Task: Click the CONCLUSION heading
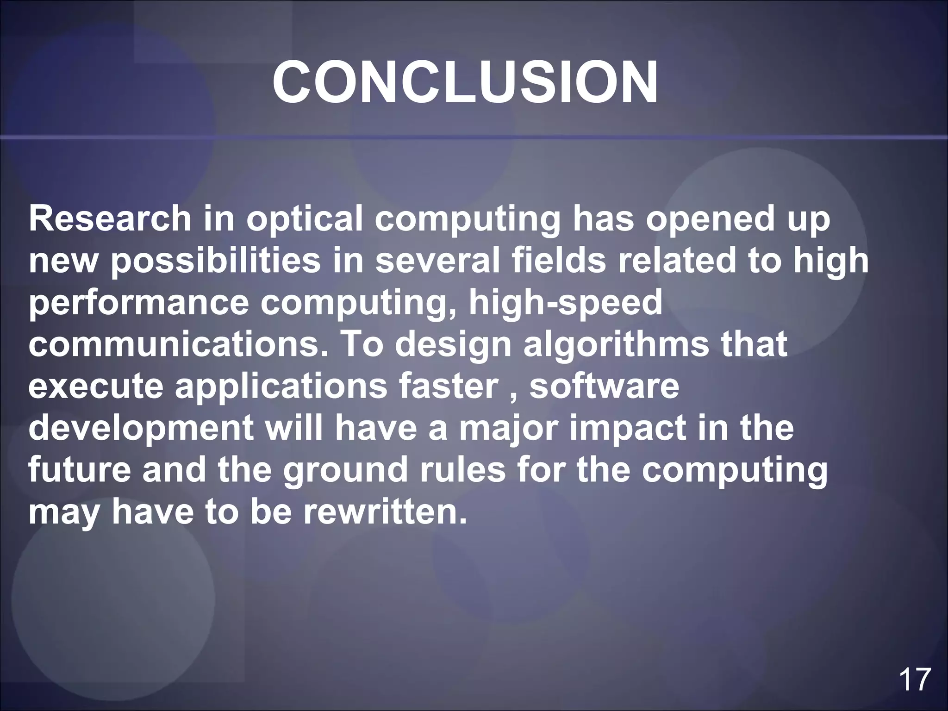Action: tap(465, 82)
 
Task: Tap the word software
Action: tap(604, 386)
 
